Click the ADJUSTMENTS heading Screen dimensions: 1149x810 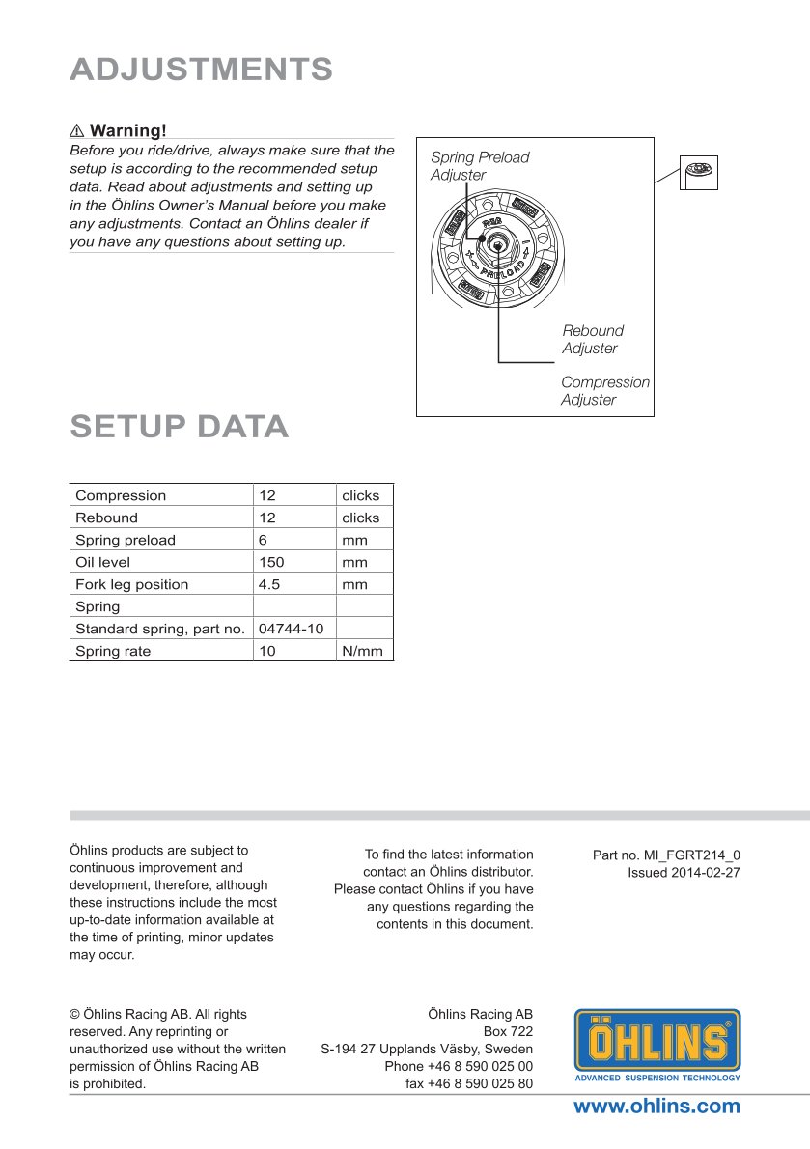click(202, 70)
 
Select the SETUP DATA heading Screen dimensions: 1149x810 click(180, 426)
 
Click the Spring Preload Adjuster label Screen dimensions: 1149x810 click(480, 166)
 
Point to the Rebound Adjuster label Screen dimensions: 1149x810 click(593, 339)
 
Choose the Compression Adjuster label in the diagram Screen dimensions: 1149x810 click(605, 391)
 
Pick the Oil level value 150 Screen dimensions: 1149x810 click(271, 562)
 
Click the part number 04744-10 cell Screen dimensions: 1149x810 click(291, 629)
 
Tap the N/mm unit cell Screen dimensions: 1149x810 click(362, 651)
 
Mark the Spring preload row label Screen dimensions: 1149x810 click(126, 540)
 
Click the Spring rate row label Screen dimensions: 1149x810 click(113, 651)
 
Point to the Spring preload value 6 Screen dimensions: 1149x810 click(263, 540)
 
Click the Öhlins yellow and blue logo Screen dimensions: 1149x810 click(657, 1045)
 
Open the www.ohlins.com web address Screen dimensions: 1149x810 click(656, 1107)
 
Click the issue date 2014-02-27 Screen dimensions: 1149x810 click(705, 872)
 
